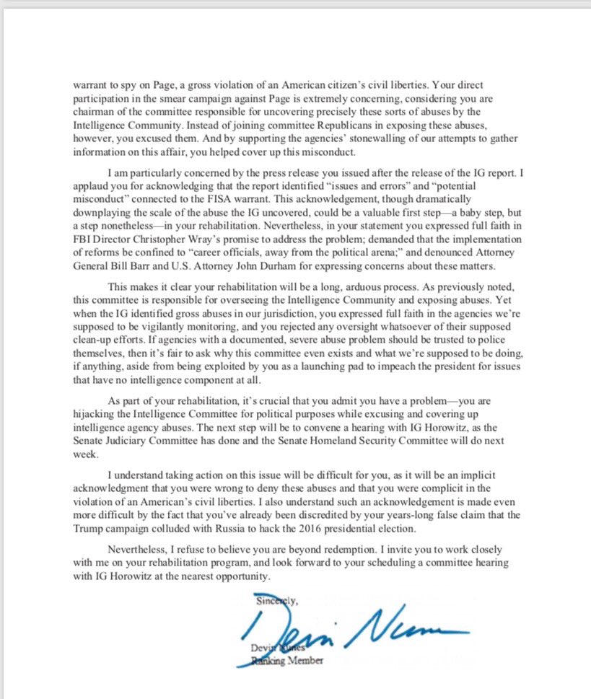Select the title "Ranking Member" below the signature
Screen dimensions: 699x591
click(x=281, y=660)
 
